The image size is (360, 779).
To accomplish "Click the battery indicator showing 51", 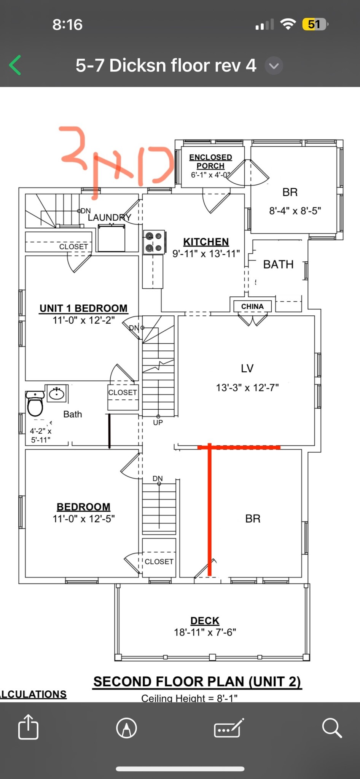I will tap(314, 25).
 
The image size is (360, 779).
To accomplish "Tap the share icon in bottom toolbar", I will tap(29, 727).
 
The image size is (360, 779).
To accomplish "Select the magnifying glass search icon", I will tap(331, 728).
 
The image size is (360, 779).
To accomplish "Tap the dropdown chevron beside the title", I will tap(274, 66).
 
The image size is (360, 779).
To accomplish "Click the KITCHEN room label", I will tap(206, 242).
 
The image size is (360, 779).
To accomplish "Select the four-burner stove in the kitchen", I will tap(154, 242).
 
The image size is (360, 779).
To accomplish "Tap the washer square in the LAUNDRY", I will tap(111, 238).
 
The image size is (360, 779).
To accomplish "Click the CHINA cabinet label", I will tap(252, 307).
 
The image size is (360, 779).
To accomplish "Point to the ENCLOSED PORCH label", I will tap(210, 161).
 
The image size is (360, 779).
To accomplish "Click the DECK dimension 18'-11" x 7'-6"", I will tap(205, 632).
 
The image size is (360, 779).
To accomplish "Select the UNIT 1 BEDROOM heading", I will tap(83, 308).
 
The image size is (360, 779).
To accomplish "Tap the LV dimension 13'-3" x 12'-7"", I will tap(247, 388).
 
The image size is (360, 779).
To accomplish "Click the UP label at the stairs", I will tap(158, 422).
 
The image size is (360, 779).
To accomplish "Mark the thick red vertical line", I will tap(209, 510).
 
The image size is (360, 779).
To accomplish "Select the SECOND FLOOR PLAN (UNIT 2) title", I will tap(197, 681).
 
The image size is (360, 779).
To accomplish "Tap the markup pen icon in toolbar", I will tap(127, 728).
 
